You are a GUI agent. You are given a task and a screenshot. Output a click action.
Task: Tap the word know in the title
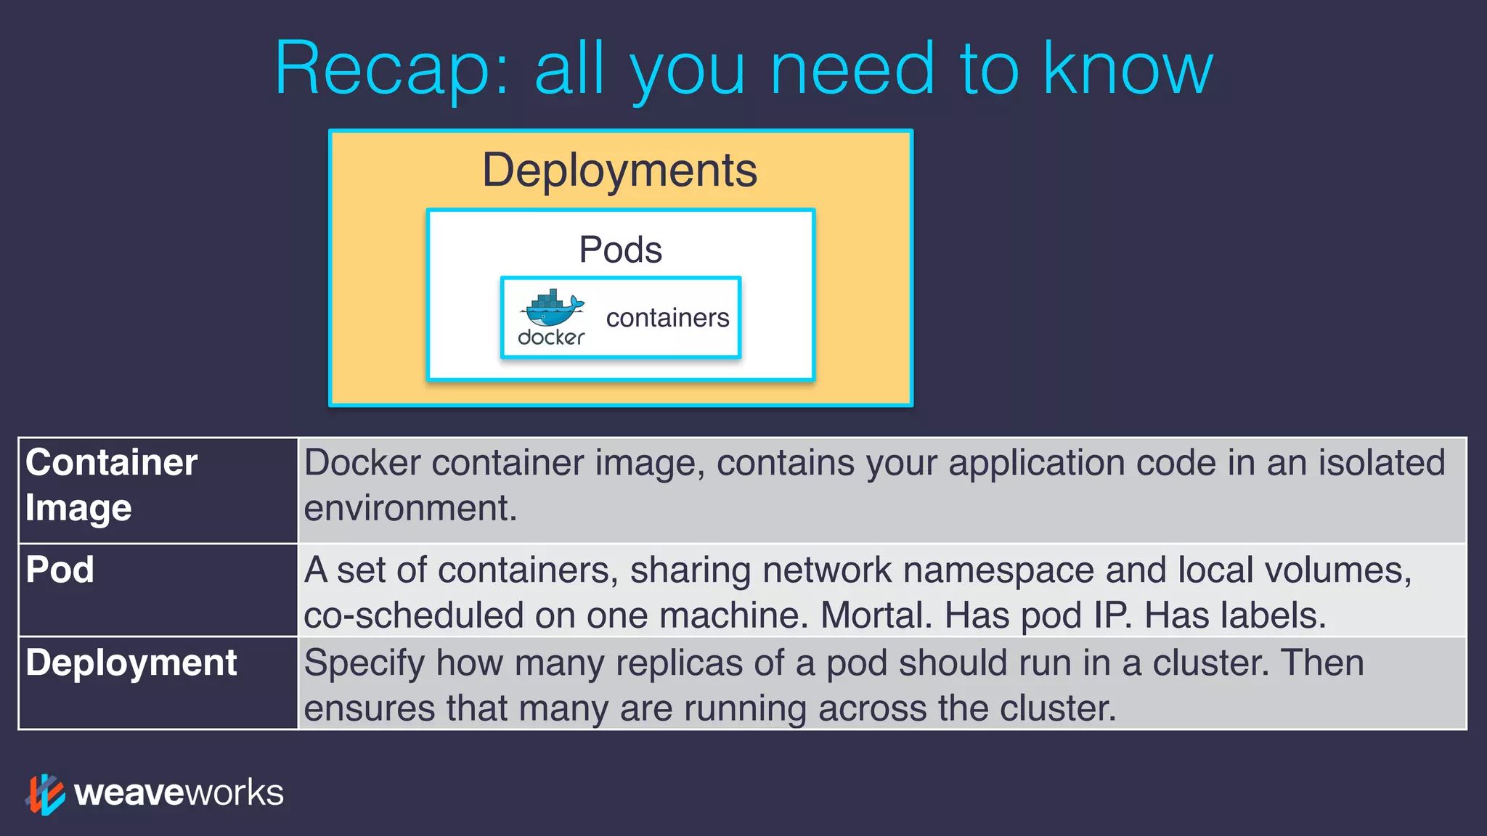point(1127,69)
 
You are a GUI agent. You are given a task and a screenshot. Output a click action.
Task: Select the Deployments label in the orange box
point(619,171)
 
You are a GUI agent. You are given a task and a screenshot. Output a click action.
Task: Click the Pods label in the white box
point(620,250)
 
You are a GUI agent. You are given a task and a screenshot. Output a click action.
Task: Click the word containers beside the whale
point(667,318)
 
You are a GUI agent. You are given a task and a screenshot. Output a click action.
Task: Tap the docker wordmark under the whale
point(551,337)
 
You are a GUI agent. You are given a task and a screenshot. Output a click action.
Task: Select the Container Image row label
point(110,485)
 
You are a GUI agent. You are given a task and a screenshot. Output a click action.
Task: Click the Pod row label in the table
point(60,570)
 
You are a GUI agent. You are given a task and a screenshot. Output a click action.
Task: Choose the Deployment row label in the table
point(131,663)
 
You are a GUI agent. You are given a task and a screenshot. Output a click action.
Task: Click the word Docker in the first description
point(362,463)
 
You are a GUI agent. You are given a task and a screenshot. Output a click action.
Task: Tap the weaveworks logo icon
point(45,794)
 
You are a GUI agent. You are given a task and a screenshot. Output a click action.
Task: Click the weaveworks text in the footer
point(179,792)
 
